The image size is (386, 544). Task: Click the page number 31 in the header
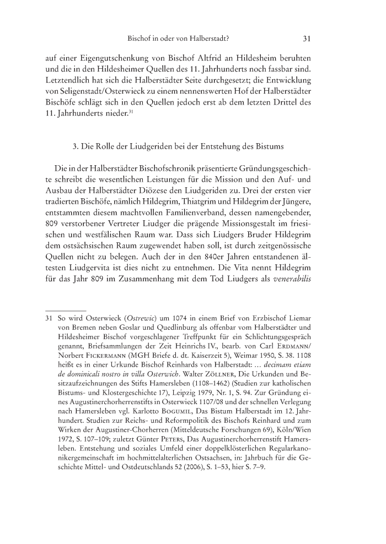(308, 39)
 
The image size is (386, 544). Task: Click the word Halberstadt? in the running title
(209, 39)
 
